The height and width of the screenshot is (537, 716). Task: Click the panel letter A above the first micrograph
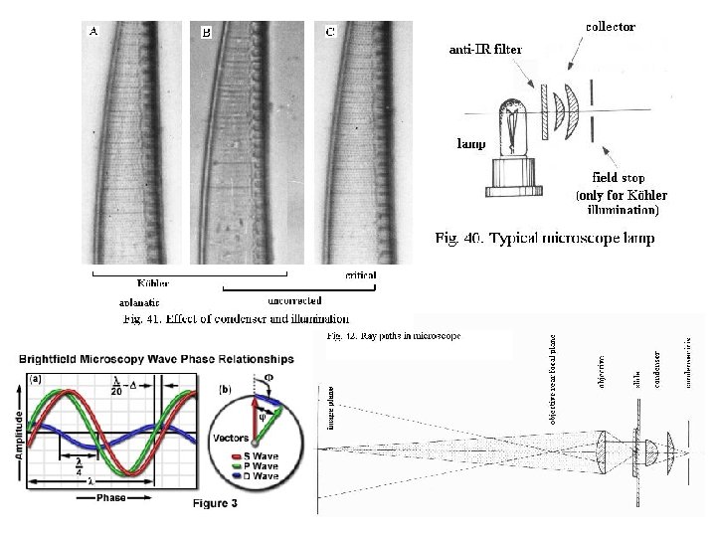click(94, 31)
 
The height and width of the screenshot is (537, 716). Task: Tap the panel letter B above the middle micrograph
click(207, 33)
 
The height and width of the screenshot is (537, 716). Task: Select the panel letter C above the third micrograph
click(331, 32)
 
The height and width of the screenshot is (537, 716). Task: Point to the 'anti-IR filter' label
click(485, 48)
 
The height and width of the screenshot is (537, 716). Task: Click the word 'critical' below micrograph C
click(360, 274)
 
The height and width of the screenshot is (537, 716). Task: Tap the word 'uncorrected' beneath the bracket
click(294, 298)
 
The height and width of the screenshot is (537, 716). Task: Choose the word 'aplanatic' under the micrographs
click(139, 302)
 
